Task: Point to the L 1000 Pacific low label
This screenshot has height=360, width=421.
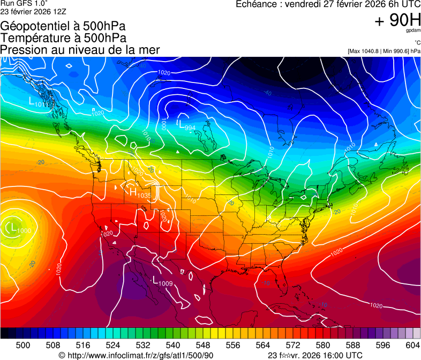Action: (x=18, y=228)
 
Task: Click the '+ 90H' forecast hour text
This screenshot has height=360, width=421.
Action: (x=397, y=21)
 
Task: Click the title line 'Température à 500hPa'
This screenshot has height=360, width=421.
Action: (x=63, y=38)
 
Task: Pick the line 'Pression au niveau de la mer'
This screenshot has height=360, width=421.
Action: (x=80, y=50)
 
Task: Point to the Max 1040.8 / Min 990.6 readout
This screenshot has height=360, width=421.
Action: (x=384, y=51)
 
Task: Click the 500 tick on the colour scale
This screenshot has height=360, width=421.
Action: (x=23, y=344)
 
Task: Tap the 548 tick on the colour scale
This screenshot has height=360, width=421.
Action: (x=203, y=344)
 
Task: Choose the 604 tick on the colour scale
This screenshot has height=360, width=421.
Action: (x=412, y=344)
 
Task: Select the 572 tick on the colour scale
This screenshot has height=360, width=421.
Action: (x=293, y=344)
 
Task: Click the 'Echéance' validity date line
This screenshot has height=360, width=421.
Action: (x=328, y=4)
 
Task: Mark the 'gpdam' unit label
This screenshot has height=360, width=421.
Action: (x=412, y=32)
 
